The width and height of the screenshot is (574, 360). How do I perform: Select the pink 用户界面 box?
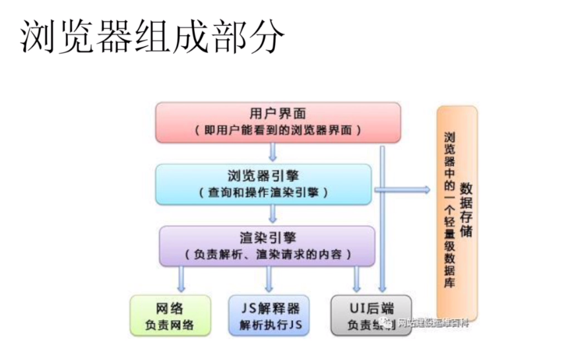[278, 122]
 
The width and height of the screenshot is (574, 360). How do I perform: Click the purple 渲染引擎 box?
[267, 245]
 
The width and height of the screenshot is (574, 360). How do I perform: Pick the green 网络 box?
[170, 315]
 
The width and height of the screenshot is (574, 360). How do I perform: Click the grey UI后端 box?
[370, 315]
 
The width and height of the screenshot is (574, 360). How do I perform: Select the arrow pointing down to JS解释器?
[269, 278]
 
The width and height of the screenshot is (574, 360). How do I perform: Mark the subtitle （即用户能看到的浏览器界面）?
[278, 131]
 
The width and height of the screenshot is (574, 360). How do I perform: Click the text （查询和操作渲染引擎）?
[263, 193]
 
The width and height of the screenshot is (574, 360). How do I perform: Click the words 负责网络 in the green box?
[170, 325]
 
